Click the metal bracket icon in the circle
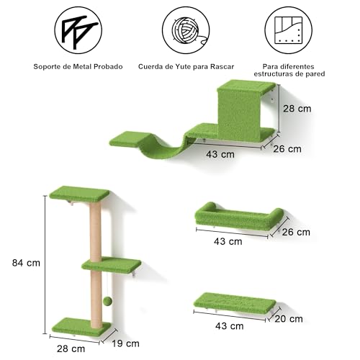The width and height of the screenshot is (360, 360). (78, 30)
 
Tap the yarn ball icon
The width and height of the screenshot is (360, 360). (186, 30)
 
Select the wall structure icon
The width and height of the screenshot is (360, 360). (289, 30)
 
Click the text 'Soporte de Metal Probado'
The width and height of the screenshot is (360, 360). (78, 66)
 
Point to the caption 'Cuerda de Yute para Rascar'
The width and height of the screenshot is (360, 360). (186, 66)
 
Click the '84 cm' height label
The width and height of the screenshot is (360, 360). (26, 263)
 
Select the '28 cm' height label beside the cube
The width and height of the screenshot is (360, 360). (297, 109)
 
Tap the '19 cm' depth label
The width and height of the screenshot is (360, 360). (125, 343)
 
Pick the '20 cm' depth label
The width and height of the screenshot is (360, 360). (289, 319)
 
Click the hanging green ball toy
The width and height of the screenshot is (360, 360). (107, 301)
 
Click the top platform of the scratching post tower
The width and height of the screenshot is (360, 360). (79, 194)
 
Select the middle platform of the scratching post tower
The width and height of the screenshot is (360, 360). (111, 264)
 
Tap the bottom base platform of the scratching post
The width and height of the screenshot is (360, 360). (81, 327)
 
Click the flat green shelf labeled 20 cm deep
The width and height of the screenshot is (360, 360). (235, 303)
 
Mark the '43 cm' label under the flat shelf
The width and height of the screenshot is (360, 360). (230, 326)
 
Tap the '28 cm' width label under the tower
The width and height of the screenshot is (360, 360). (71, 348)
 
